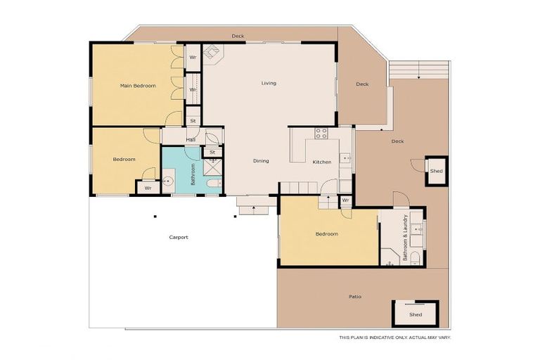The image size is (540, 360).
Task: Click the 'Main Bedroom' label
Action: pyautogui.click(x=137, y=86)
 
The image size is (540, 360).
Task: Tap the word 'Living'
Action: pyautogui.click(x=269, y=83)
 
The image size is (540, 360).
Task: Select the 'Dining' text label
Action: pyautogui.click(x=261, y=161)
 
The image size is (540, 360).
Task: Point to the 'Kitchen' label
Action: pyautogui.click(x=322, y=162)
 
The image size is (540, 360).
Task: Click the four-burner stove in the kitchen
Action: pyautogui.click(x=321, y=132)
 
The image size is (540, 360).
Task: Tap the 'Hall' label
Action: pyautogui.click(x=191, y=140)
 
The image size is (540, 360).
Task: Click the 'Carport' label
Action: pyautogui.click(x=179, y=237)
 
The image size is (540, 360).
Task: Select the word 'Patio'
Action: pyautogui.click(x=355, y=297)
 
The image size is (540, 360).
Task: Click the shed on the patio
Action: pyautogui.click(x=415, y=314)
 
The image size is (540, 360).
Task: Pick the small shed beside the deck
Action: pyautogui.click(x=436, y=171)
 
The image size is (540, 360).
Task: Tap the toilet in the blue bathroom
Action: pyautogui.click(x=214, y=184)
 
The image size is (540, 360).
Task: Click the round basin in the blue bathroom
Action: pyautogui.click(x=167, y=181)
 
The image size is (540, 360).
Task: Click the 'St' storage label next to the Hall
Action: pyautogui.click(x=193, y=121)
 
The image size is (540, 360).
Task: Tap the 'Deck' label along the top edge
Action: pyautogui.click(x=238, y=36)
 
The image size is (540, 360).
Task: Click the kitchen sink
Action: pyautogui.click(x=345, y=159)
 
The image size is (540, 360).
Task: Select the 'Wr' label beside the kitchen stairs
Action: pyautogui.click(x=345, y=200)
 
